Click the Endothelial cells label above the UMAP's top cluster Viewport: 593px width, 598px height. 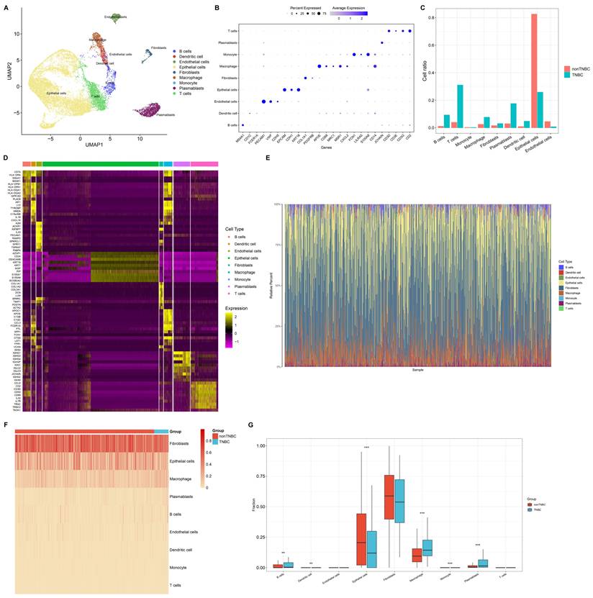tap(117, 17)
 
